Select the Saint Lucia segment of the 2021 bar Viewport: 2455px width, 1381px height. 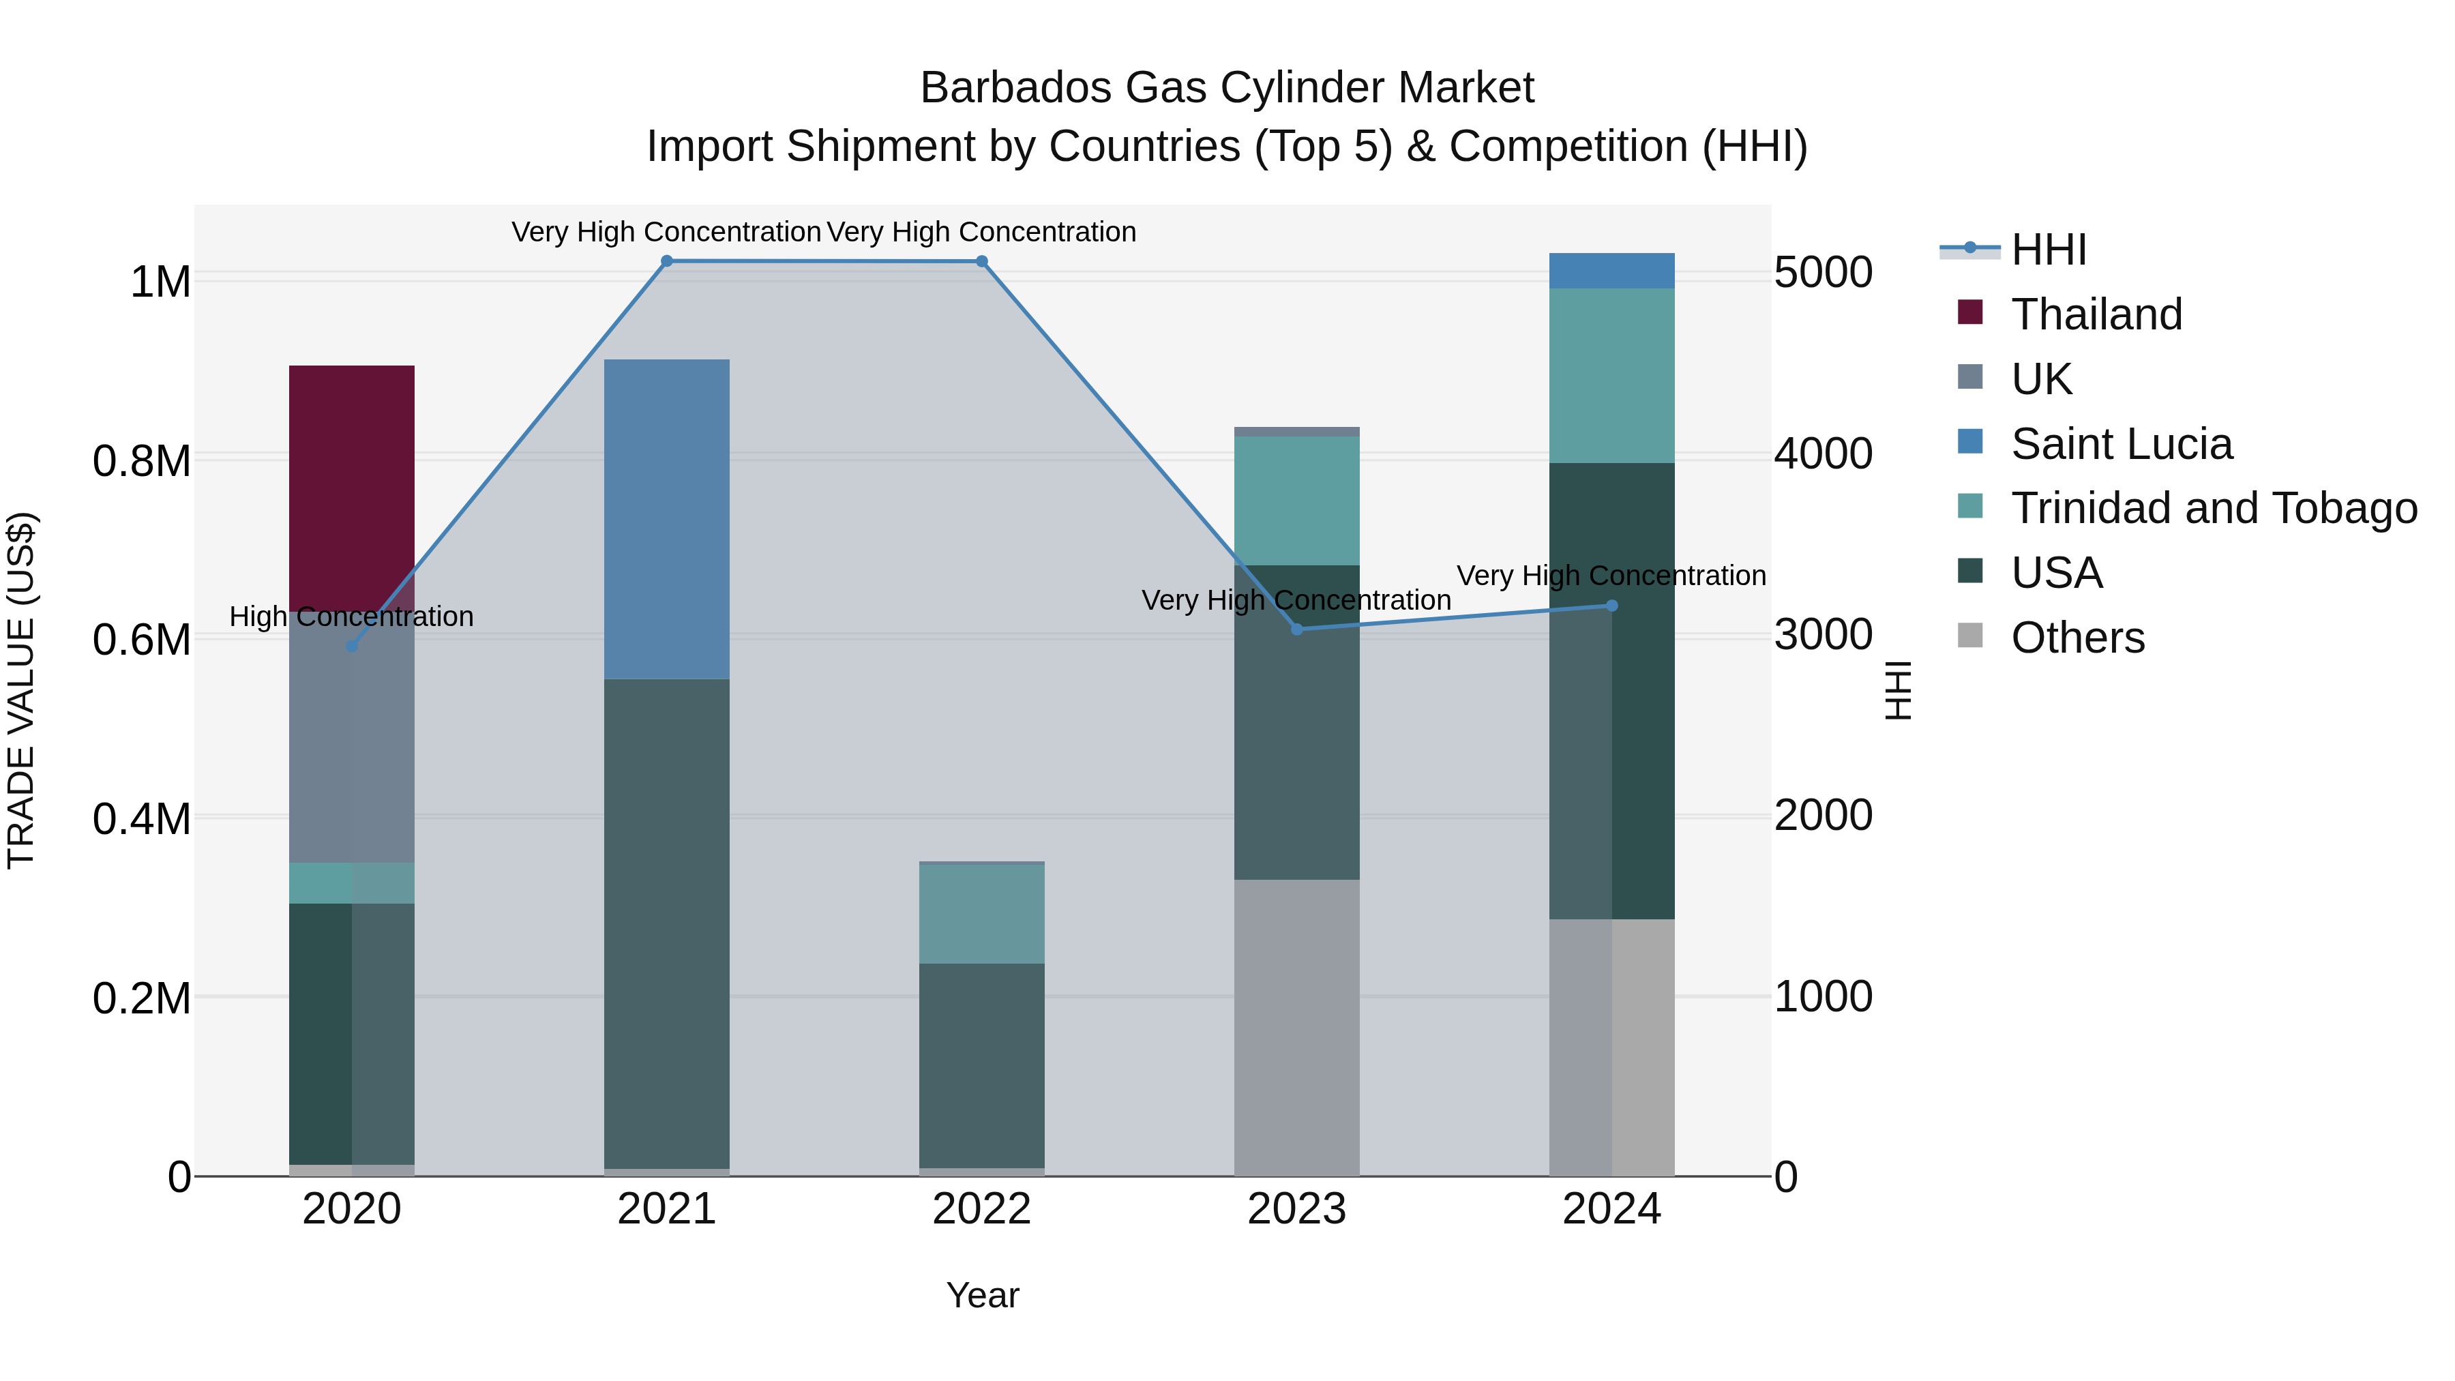click(666, 520)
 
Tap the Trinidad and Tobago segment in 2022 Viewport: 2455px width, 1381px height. click(981, 913)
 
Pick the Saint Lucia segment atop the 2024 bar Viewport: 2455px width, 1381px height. click(1611, 271)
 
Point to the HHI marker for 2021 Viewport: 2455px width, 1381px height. click(666, 261)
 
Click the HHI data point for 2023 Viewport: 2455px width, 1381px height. click(1296, 629)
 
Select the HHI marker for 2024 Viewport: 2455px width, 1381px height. click(1611, 605)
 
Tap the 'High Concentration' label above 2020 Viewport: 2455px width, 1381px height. click(352, 617)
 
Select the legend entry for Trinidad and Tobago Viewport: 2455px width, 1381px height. click(2213, 508)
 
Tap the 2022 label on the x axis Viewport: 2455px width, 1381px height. click(981, 1209)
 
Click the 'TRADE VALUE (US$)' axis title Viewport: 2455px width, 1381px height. click(21, 690)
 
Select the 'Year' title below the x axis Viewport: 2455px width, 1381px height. click(983, 1295)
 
